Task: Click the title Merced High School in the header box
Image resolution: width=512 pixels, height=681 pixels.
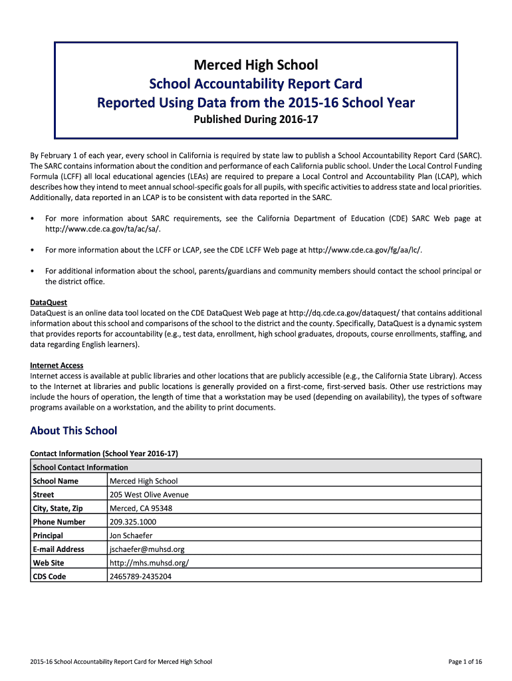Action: click(x=255, y=65)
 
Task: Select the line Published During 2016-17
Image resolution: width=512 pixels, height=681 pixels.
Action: click(x=255, y=120)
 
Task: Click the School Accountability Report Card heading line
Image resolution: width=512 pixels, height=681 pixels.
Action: click(x=255, y=84)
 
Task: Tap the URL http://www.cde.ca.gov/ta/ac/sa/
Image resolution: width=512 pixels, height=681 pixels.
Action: click(x=102, y=229)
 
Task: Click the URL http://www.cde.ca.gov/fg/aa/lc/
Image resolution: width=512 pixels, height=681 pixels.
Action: click(x=365, y=249)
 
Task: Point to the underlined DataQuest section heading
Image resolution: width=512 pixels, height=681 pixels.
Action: click(x=49, y=302)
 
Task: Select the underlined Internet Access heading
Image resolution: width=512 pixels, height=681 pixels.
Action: click(x=57, y=365)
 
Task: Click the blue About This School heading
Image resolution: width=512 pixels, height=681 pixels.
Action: click(x=73, y=430)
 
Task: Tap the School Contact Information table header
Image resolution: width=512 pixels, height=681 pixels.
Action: click(x=80, y=468)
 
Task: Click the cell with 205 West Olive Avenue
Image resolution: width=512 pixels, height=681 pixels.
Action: click(x=149, y=495)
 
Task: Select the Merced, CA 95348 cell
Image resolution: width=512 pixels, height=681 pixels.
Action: click(x=141, y=508)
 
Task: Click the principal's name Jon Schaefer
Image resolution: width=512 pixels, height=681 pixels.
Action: click(x=132, y=535)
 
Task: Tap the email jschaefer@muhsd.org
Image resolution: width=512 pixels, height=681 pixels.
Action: click(x=147, y=549)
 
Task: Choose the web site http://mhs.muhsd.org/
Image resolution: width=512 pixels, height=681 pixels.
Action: click(x=149, y=563)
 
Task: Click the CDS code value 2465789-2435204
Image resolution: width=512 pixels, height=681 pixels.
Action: click(x=140, y=577)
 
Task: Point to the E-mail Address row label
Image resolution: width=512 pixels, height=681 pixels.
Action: click(x=59, y=549)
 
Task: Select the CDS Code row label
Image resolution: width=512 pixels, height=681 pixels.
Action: click(x=49, y=577)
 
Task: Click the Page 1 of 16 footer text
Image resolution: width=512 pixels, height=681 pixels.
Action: click(x=465, y=661)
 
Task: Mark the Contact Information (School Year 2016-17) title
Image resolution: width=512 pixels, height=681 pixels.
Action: click(x=104, y=454)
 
